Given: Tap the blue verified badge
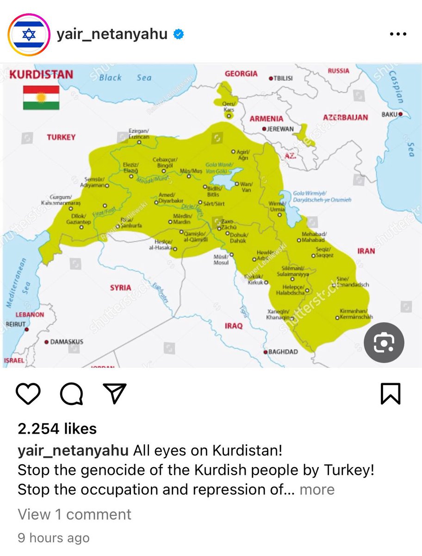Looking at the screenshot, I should click(178, 34).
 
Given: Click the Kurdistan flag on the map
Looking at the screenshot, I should click(41, 97).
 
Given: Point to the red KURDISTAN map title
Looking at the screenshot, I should click(41, 75).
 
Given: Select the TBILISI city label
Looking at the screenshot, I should click(283, 78).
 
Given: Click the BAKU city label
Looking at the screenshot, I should click(390, 114).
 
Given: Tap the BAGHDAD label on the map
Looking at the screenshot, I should click(283, 352).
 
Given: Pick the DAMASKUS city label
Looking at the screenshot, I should click(66, 342).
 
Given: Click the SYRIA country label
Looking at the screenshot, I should click(120, 288).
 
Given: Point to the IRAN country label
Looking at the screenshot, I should click(366, 251).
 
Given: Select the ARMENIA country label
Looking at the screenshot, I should click(267, 119).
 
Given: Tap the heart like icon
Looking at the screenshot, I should click(29, 394).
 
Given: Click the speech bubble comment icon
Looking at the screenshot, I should click(71, 394).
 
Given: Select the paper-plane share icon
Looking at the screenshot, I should click(113, 394).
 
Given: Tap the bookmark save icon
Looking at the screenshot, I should click(391, 394).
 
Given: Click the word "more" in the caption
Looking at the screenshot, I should click(317, 489).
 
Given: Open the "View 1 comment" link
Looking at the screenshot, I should click(74, 514).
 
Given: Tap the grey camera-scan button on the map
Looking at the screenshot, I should click(384, 342).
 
